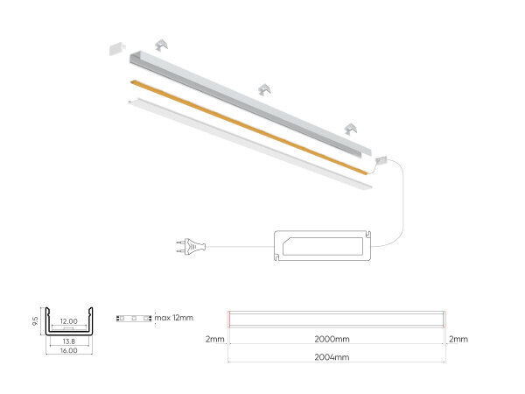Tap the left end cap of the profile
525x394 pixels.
click(x=117, y=47)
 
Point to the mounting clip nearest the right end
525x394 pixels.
click(x=352, y=129)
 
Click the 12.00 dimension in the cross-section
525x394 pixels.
click(x=68, y=321)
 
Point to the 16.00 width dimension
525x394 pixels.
click(x=68, y=350)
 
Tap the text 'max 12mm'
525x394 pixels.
click(x=174, y=317)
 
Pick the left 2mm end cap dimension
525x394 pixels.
click(x=214, y=338)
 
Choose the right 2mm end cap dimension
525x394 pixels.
click(x=458, y=338)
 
